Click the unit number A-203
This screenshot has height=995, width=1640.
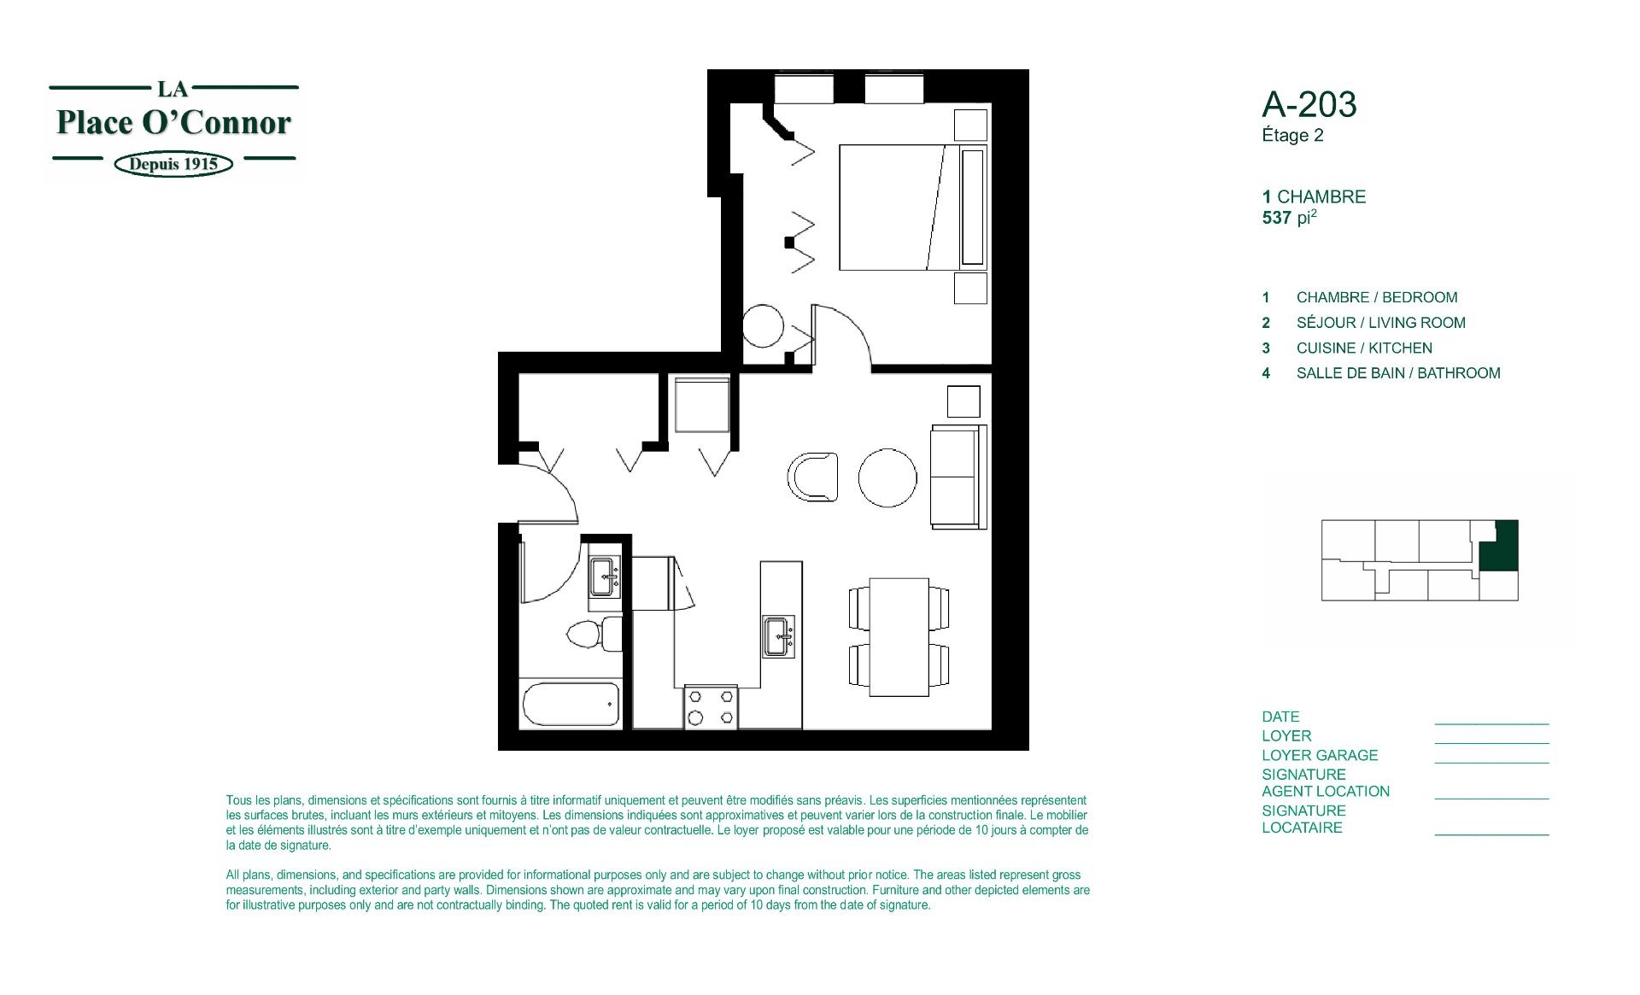1309,105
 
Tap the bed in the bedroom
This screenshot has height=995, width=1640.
913,208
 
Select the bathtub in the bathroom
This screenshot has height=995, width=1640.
571,705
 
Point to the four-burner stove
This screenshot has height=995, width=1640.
711,707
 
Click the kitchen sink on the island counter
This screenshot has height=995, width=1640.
778,636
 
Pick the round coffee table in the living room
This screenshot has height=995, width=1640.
887,477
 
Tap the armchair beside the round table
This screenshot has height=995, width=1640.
812,477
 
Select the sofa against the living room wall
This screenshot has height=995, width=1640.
958,477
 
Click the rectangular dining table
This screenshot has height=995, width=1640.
899,636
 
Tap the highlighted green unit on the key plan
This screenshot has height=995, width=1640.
1500,547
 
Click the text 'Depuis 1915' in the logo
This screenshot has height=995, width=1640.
173,164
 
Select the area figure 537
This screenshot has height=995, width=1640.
1276,218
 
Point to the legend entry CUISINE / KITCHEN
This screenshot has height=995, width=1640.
1364,348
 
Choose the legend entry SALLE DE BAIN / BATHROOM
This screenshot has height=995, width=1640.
1398,373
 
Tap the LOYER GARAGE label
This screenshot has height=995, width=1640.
1320,755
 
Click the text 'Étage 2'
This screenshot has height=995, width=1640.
1292,135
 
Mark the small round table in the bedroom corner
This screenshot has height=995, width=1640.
763,325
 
